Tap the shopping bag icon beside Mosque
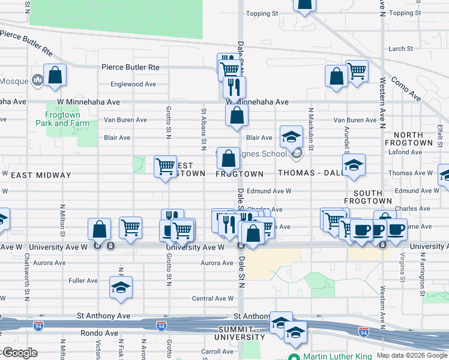point(55,76)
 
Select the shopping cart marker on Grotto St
point(165,166)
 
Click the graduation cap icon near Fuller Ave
point(121,288)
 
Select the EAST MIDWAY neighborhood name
point(40,175)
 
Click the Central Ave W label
point(212,298)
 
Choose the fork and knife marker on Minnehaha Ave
point(234,87)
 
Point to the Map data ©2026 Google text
point(411,355)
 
